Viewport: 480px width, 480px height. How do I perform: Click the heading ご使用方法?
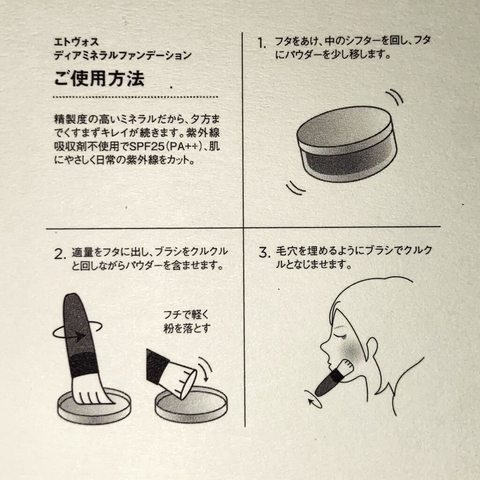point(99,79)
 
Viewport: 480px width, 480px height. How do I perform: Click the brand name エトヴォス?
point(76,42)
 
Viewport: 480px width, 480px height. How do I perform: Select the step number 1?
point(261,43)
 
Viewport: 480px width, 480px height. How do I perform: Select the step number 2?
point(60,254)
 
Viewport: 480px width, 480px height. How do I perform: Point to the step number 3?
point(264,253)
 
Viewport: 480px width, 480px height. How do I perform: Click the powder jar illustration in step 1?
point(346,144)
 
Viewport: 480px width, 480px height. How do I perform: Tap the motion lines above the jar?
point(395,97)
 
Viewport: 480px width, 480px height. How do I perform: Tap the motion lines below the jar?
point(295,187)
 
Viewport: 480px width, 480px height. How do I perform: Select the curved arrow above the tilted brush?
point(206,368)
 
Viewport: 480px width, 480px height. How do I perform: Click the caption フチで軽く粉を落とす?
point(187,322)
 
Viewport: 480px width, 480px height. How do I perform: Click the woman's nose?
point(324,347)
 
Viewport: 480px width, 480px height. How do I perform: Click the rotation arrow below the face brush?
point(313,399)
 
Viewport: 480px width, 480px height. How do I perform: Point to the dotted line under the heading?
point(135,97)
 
